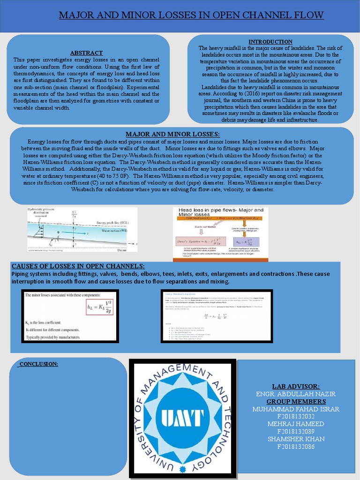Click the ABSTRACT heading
(x=86, y=52)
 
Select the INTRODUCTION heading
(x=270, y=42)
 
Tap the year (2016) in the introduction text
(x=254, y=94)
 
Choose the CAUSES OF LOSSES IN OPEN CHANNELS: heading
(x=78, y=266)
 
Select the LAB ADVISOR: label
(x=296, y=386)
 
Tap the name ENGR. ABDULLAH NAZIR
(x=296, y=394)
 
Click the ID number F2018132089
(x=296, y=431)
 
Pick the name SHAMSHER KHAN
(x=296, y=439)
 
